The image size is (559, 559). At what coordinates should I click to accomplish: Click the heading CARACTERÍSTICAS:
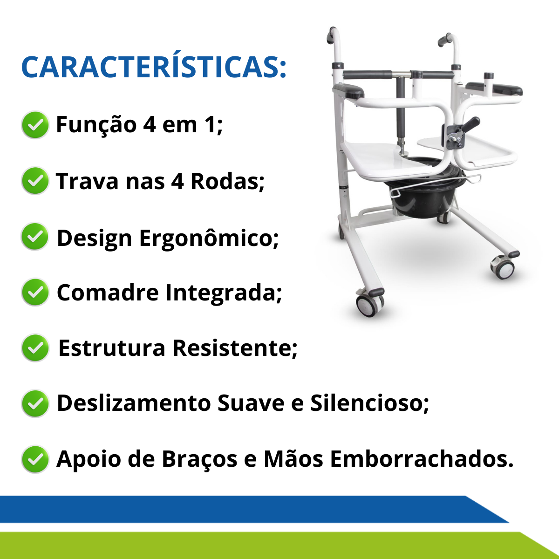154,67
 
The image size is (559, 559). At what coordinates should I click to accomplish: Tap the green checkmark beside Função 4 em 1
35,125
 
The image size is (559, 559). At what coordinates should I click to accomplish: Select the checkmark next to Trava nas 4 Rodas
35,181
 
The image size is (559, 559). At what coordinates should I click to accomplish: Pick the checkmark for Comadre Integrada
35,292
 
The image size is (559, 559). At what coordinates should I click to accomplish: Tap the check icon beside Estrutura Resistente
35,348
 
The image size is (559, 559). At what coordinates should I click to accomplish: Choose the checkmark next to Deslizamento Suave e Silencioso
35,403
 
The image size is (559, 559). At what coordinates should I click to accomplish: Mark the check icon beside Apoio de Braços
35,459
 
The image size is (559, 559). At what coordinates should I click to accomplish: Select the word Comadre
108,293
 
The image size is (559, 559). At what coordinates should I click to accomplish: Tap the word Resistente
235,348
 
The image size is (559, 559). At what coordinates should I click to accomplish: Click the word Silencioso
369,403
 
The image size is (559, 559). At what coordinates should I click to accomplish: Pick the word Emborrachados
422,459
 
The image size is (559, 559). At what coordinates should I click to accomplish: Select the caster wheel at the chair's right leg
503,267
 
